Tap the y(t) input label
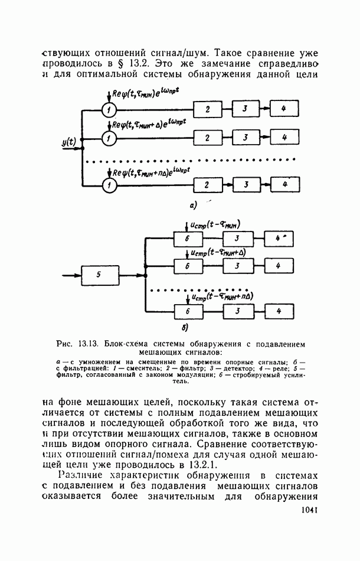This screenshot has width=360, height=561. point(69,142)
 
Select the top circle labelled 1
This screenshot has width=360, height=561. point(109,110)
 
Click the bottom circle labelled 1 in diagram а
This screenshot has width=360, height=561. point(109,185)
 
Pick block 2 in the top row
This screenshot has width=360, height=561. point(207,110)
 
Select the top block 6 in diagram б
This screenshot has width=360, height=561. point(186,239)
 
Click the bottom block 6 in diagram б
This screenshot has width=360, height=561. point(186,311)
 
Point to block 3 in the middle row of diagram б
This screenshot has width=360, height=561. point(236,266)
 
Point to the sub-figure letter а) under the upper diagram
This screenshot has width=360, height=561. point(193,206)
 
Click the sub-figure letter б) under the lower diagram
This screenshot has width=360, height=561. point(185,329)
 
